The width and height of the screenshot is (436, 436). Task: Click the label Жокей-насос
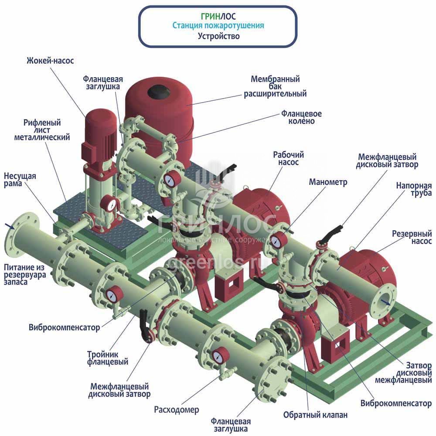[50, 61]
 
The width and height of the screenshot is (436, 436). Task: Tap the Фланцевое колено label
[301, 117]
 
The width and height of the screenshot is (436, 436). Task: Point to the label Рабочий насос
[288, 158]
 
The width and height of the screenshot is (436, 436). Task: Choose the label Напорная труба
[414, 189]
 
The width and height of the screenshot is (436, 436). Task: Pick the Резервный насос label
[412, 237]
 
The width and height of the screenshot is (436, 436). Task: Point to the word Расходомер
[176, 410]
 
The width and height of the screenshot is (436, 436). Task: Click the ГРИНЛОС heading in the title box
[218, 16]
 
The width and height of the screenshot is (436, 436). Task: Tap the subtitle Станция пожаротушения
[218, 26]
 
